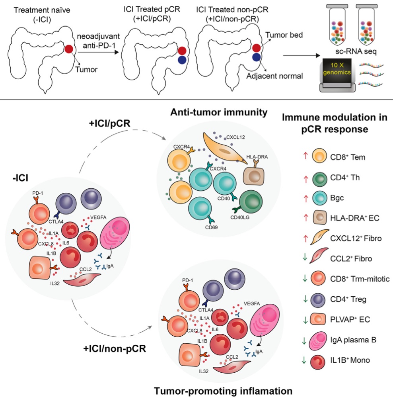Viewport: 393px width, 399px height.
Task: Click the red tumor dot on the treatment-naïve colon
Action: pos(68,49)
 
